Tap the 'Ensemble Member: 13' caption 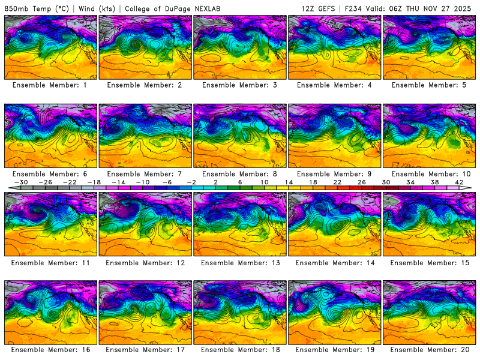click(x=240, y=263)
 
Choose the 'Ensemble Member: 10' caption click(x=430, y=174)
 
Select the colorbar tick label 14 click(x=289, y=182)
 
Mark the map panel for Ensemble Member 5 click(x=430, y=47)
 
